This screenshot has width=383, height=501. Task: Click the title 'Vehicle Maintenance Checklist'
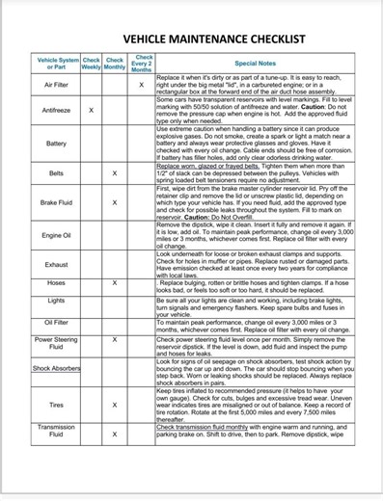(x=193, y=39)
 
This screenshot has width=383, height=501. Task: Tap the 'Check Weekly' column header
(x=92, y=63)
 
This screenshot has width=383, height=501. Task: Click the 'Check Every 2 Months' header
(x=141, y=63)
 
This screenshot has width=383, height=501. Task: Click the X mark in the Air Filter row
(x=141, y=85)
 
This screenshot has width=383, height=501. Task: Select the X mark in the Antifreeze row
(x=92, y=111)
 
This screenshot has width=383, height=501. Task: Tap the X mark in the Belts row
(x=115, y=173)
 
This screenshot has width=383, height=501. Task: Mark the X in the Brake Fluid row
(x=115, y=203)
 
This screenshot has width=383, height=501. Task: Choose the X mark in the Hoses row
(x=115, y=283)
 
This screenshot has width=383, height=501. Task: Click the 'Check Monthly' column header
(x=115, y=63)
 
